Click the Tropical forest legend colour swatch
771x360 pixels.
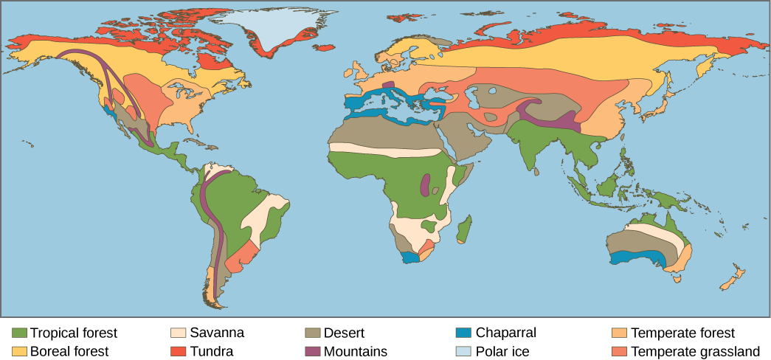click(x=20, y=333)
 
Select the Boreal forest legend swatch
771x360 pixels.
click(x=20, y=351)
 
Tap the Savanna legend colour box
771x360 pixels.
click(x=177, y=333)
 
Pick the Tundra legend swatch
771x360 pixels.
click(x=177, y=351)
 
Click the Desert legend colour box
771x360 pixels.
click(x=312, y=333)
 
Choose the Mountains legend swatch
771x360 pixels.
click(x=312, y=351)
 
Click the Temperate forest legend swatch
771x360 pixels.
click(x=620, y=333)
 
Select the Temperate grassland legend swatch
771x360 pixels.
click(x=620, y=351)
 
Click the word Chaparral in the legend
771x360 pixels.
click(x=506, y=333)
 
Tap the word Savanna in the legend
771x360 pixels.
click(x=217, y=333)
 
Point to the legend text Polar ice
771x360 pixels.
click(x=502, y=351)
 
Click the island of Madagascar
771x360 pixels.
click(x=464, y=229)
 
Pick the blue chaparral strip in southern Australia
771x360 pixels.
click(x=638, y=258)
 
